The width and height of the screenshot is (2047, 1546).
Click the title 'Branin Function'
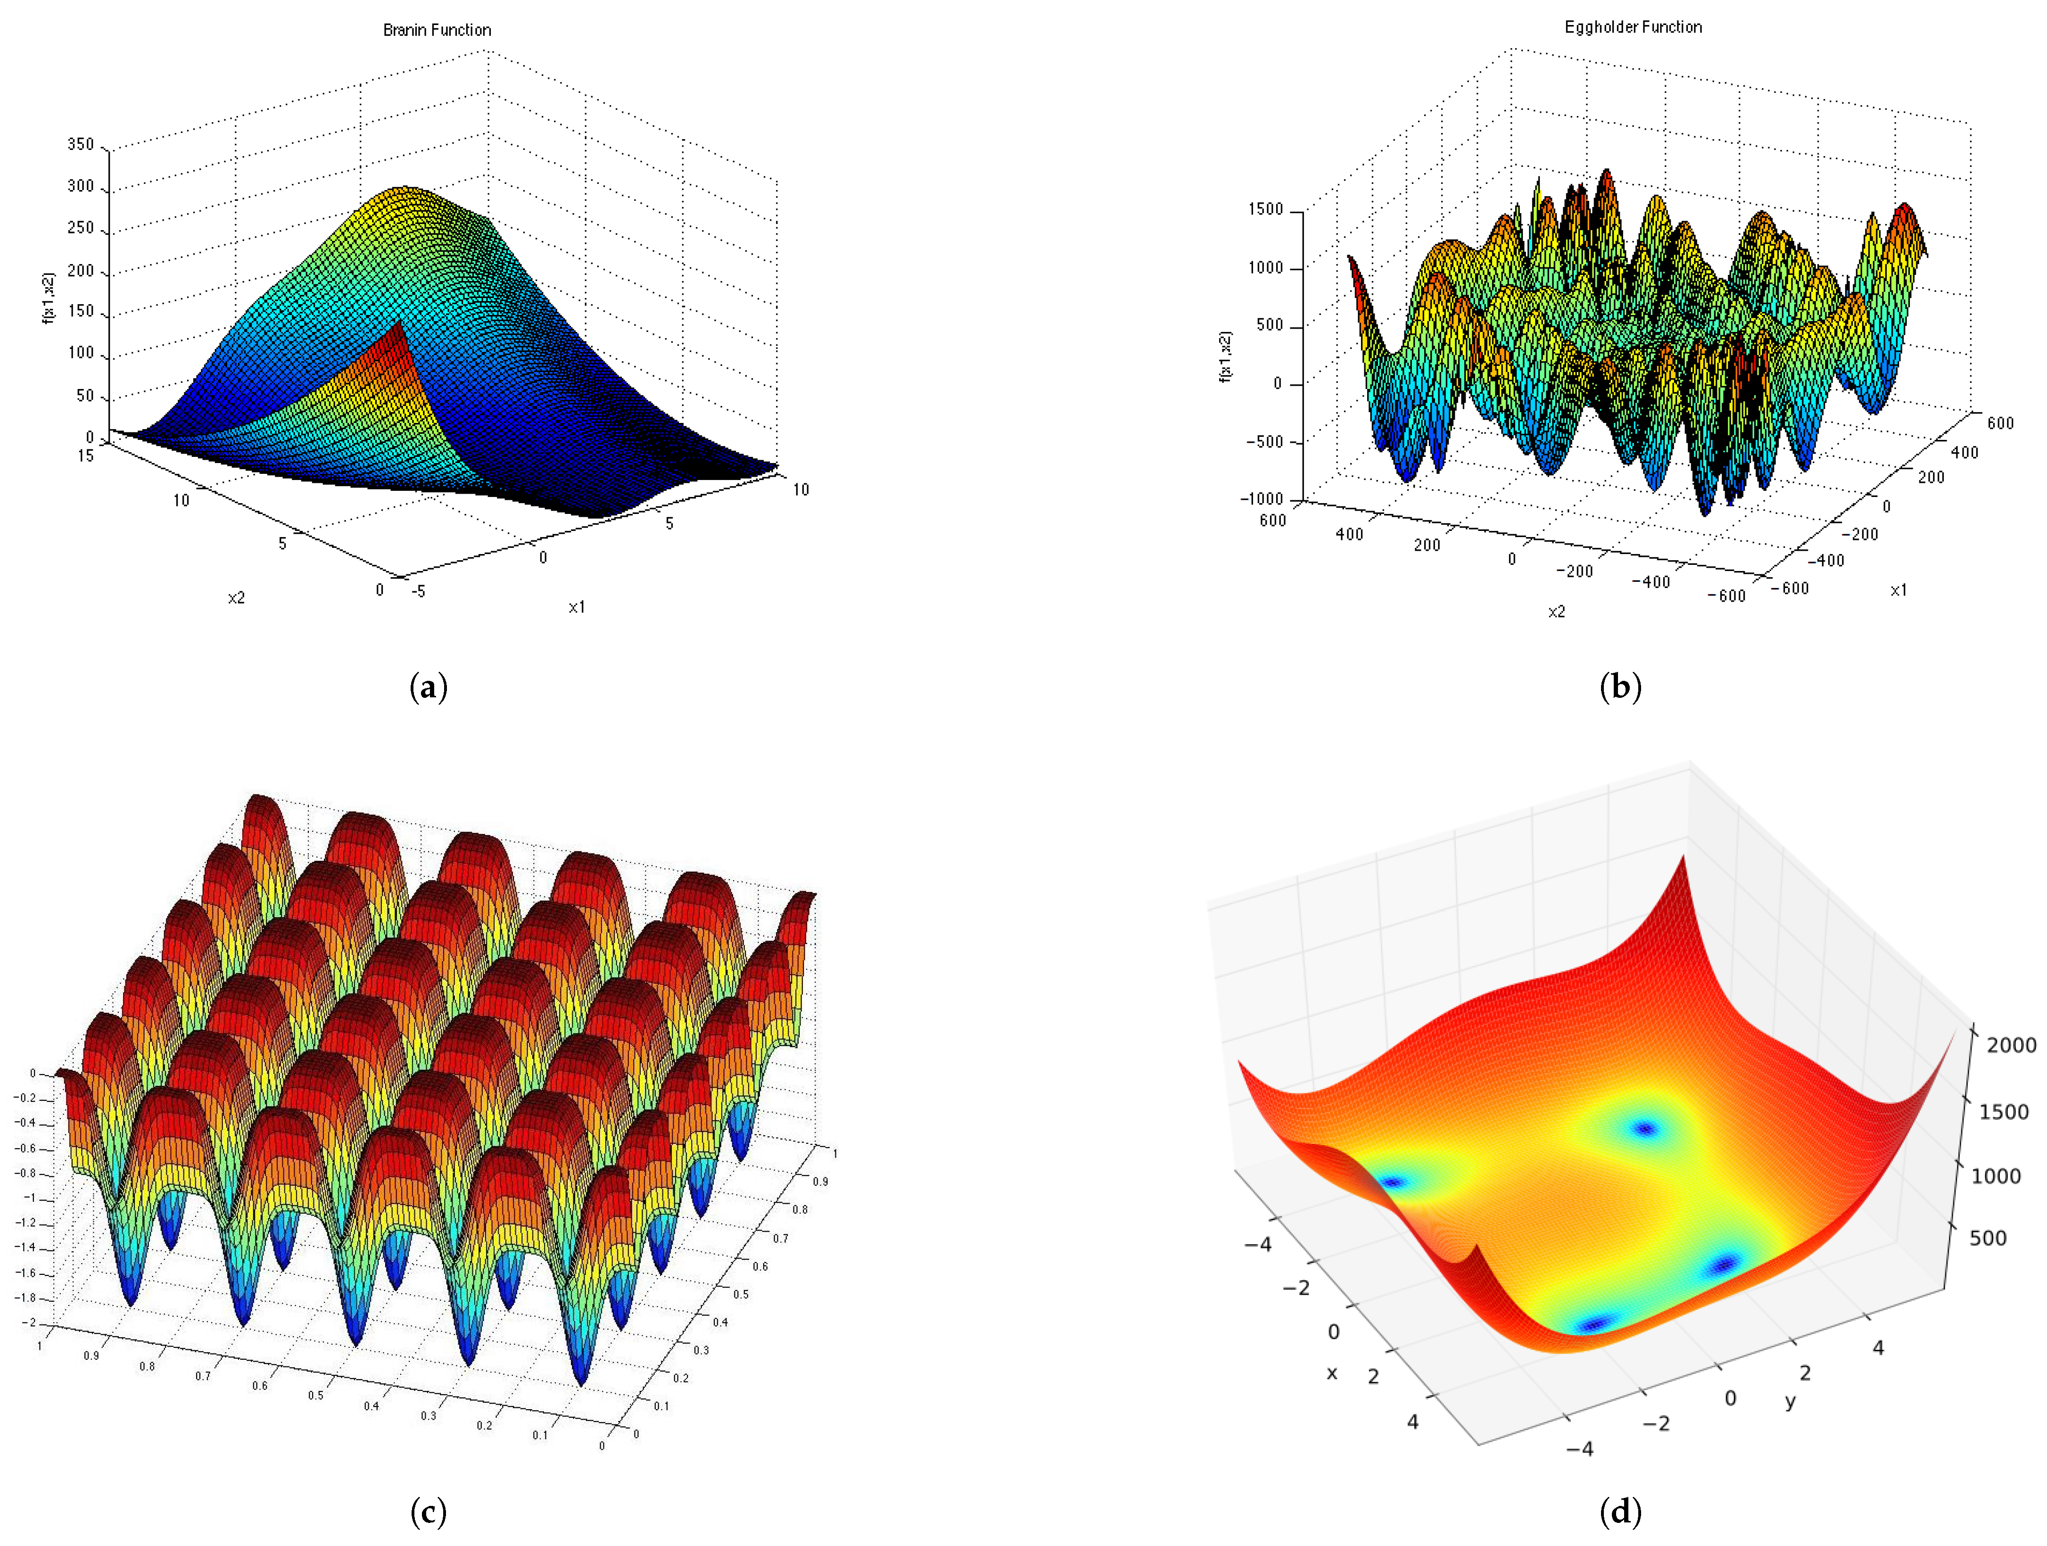point(437,30)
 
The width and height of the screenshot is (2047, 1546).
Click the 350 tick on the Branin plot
point(81,144)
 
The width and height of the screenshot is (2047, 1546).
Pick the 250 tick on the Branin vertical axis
point(81,228)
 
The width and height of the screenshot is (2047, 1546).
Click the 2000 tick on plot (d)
point(2011,1045)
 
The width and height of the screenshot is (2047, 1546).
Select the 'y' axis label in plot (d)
point(1791,1402)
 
